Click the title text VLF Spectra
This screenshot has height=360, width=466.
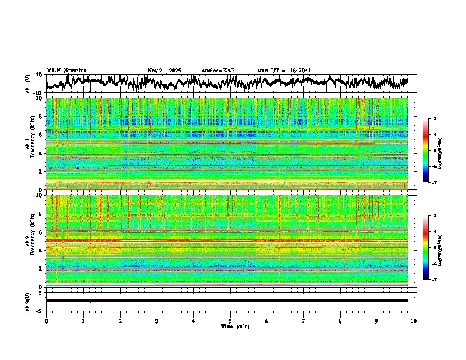[x=66, y=70]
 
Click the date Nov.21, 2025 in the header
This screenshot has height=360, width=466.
[x=164, y=71]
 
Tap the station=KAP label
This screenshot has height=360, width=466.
[x=218, y=71]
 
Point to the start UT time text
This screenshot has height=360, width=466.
[x=284, y=71]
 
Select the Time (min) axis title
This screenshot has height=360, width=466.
[x=235, y=326]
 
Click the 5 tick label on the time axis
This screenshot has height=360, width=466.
[x=230, y=321]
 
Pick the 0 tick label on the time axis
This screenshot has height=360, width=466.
[x=46, y=321]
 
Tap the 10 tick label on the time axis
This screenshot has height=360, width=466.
[x=414, y=321]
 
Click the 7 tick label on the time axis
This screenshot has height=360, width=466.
[x=304, y=321]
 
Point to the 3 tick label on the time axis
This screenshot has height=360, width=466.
[x=157, y=321]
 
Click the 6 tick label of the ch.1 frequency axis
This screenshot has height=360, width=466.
[x=40, y=135]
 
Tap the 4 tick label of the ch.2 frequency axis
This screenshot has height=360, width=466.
[x=40, y=251]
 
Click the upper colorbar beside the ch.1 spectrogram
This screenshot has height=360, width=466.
[x=426, y=151]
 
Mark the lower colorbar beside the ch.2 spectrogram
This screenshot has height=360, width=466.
[x=426, y=247]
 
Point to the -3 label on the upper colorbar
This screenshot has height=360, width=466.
[x=434, y=119]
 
